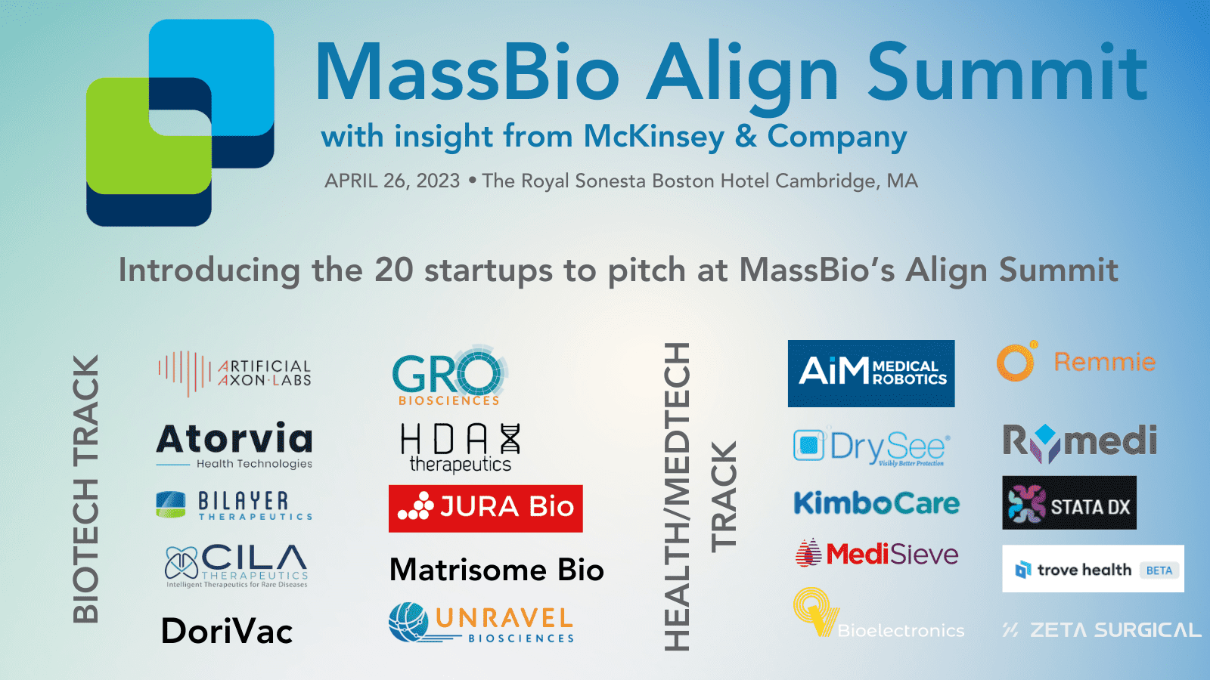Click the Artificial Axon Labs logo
click(234, 372)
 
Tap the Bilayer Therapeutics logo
click(234, 505)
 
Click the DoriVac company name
click(227, 632)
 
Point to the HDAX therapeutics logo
click(460, 447)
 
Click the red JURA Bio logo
click(486, 508)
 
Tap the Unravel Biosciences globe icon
click(409, 622)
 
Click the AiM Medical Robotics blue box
click(871, 373)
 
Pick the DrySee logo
click(872, 447)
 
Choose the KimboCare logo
click(876, 503)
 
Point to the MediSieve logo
click(877, 554)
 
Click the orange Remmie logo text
click(1104, 362)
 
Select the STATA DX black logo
click(1069, 503)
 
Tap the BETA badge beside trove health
click(1159, 570)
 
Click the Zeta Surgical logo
click(1102, 630)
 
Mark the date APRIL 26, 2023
click(392, 181)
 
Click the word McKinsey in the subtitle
click(653, 137)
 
